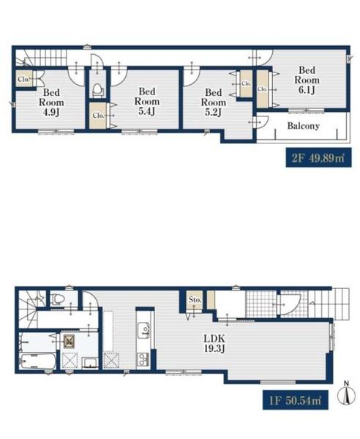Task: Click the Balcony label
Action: pos(303,126)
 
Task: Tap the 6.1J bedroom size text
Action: pos(307,90)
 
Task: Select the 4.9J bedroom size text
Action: pos(51,113)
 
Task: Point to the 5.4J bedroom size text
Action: pos(146,111)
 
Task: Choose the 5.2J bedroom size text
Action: pos(213,113)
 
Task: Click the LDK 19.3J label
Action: pos(214,344)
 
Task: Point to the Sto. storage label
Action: pos(195,300)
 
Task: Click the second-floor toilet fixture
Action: pos(98,89)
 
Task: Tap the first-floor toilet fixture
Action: pos(58,299)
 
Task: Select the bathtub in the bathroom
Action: pos(38,361)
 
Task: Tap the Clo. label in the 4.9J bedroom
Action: pos(23,79)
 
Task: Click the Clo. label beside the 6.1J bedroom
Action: pos(262,89)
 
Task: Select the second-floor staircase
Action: pos(41,59)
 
